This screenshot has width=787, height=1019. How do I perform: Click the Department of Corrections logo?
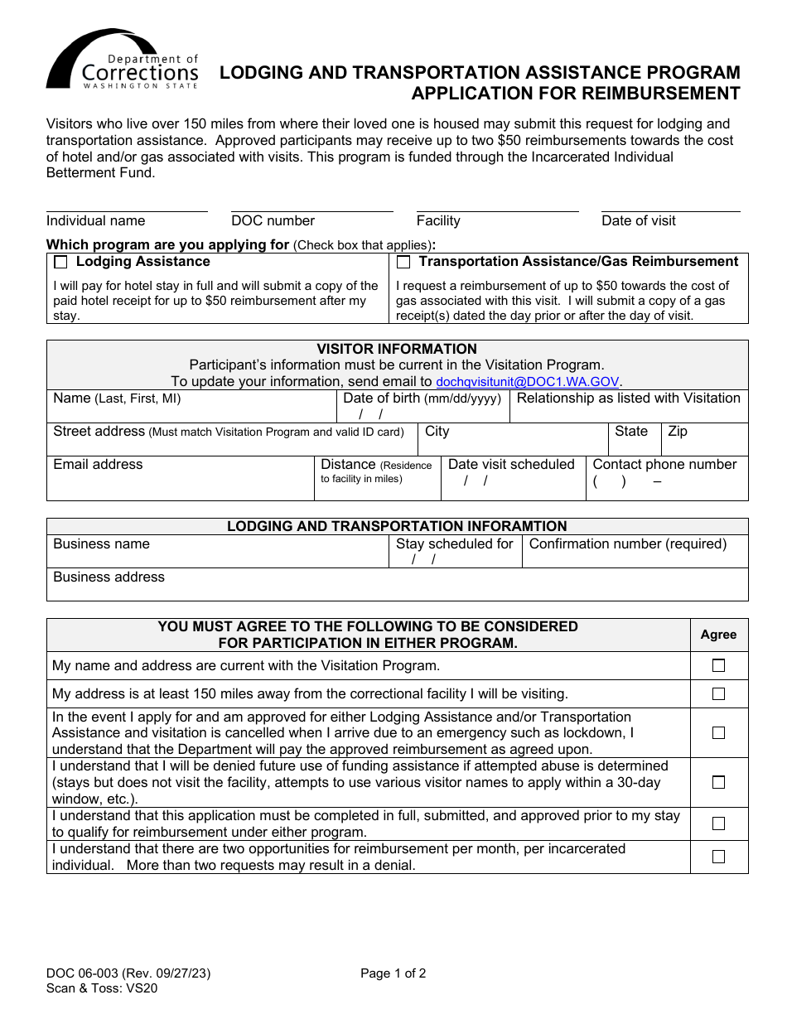tap(123, 60)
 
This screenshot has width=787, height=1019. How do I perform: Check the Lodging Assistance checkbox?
tap(60, 263)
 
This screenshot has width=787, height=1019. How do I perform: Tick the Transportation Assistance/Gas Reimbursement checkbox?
tap(403, 263)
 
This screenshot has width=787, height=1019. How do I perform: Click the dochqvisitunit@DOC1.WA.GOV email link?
tap(528, 382)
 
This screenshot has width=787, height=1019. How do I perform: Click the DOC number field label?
tap(273, 221)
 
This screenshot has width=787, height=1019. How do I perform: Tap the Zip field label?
tap(678, 432)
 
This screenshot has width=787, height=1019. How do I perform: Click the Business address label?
tap(109, 577)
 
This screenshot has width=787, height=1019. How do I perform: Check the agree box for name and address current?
tap(718, 665)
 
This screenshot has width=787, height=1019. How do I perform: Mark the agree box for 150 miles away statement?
tap(718, 693)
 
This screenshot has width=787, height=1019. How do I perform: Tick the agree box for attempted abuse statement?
tap(718, 782)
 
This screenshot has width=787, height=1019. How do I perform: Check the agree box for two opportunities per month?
tap(718, 857)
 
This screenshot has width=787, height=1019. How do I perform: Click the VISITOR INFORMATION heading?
tap(397, 350)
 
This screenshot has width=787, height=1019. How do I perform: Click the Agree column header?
tap(718, 635)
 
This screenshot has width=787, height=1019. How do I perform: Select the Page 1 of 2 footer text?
tap(393, 974)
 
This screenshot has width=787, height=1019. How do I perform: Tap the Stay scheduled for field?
tap(455, 552)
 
